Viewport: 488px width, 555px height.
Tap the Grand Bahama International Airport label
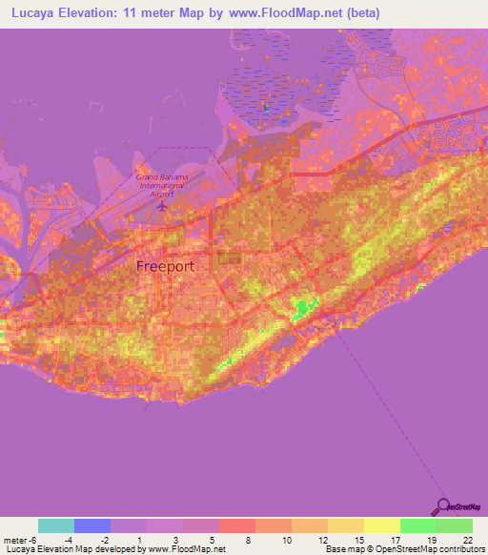click(162, 183)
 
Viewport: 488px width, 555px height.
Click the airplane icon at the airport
click(163, 204)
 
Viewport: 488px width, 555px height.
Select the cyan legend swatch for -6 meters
click(56, 525)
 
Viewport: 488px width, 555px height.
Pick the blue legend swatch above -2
click(92, 525)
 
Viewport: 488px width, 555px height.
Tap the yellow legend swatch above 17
click(382, 525)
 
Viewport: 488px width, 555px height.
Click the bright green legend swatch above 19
click(418, 525)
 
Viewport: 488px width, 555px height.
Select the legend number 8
click(248, 539)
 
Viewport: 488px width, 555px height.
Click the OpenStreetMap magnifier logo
click(443, 506)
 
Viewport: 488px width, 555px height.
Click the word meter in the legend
click(16, 539)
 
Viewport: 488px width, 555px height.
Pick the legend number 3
click(175, 539)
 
